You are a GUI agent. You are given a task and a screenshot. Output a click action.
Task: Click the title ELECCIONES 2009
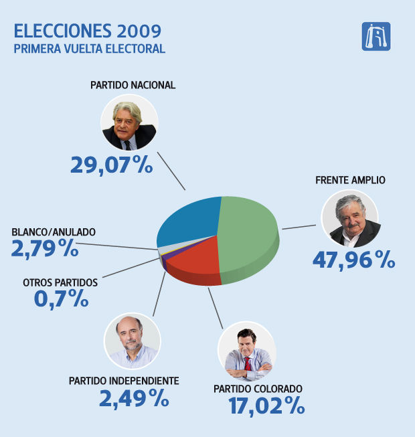[87, 31]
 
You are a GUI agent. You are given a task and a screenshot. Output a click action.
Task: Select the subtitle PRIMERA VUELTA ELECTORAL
[89, 49]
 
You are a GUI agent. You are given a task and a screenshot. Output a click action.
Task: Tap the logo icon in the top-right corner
[376, 36]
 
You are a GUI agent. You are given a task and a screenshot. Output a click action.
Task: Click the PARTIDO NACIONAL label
[133, 85]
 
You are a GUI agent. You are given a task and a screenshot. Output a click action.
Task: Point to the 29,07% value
[112, 165]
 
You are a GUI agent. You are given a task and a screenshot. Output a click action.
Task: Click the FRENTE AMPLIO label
[350, 180]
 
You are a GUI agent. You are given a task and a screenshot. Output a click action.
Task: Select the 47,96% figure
[353, 259]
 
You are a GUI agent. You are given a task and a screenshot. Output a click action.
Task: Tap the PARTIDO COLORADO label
[258, 388]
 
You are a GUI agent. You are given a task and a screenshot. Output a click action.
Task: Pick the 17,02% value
[266, 406]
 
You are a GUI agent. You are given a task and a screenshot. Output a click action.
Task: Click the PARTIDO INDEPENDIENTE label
[124, 381]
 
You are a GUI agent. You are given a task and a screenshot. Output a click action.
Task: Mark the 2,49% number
[134, 399]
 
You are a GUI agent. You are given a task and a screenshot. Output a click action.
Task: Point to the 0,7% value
[62, 298]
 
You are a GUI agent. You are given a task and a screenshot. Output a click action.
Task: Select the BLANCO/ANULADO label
[54, 232]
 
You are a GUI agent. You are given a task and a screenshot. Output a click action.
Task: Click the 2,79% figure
[45, 249]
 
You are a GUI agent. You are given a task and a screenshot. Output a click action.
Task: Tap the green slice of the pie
[248, 231]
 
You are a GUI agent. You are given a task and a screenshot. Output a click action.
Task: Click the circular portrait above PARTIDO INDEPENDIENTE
[132, 341]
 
